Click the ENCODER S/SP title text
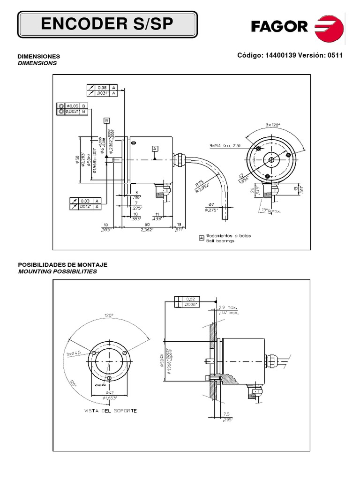[x=107, y=25]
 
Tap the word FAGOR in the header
[x=279, y=26]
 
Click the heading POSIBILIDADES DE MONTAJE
[x=62, y=265]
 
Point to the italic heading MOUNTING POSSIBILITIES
[x=57, y=271]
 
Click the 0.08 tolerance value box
[x=102, y=87]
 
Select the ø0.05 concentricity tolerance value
[x=73, y=105]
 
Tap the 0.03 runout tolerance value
[x=85, y=200]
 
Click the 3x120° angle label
[x=272, y=125]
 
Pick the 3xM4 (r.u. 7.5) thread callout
[x=225, y=146]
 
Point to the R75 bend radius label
[x=200, y=184]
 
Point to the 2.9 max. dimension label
[x=229, y=306]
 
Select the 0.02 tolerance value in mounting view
[x=190, y=299]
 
